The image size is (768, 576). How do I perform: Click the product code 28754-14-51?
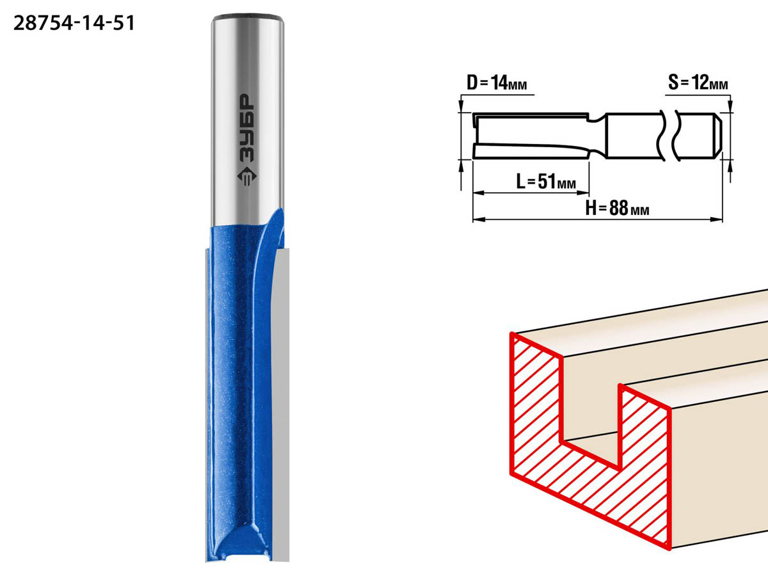pos(74,24)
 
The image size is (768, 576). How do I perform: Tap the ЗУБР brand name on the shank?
pos(247,129)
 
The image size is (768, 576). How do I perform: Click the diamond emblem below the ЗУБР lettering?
pos(247,176)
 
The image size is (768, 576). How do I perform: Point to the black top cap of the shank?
pos(248,17)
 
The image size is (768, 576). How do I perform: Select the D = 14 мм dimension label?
pos(497,83)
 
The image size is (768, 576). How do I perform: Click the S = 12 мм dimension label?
pos(698,83)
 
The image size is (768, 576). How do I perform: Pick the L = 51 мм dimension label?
pos(546,182)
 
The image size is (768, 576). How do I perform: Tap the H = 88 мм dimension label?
pos(617,208)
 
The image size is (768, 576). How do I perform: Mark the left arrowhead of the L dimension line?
pos(479,193)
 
